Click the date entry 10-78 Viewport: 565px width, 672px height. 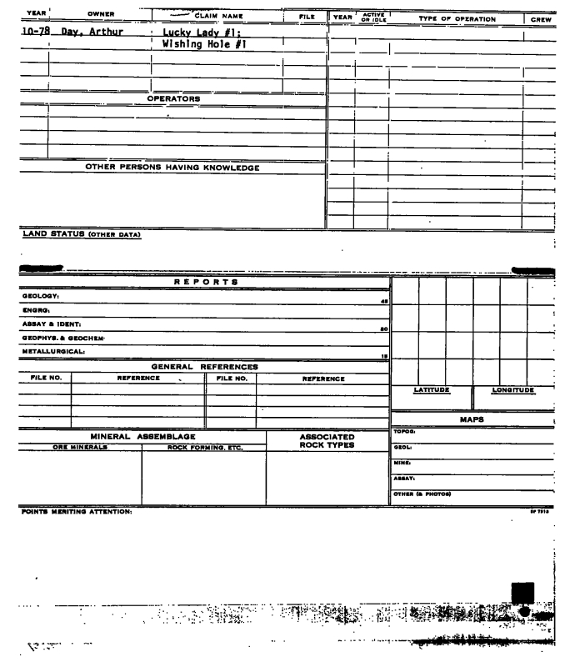[x=30, y=33]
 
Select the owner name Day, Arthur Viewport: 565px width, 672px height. [x=85, y=33]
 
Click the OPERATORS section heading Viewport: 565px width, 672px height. [x=173, y=98]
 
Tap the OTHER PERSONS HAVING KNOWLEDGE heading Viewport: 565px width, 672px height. [x=173, y=168]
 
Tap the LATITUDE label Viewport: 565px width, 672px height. [x=432, y=389]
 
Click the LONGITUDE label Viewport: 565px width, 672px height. [x=513, y=389]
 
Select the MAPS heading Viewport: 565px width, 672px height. [x=473, y=419]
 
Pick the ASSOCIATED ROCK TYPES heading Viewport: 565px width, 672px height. [x=327, y=440]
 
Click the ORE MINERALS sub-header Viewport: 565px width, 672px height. [x=74, y=447]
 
